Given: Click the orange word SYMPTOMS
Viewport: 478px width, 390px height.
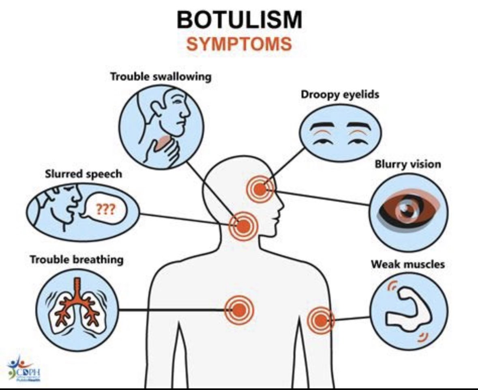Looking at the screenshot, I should point(239,44).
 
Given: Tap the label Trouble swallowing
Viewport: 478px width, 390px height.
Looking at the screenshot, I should point(161,77).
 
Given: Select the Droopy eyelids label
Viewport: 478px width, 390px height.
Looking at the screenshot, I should point(340,95).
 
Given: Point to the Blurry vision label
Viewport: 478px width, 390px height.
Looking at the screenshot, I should point(407,164).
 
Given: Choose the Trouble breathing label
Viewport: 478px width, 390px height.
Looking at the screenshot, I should point(76,259).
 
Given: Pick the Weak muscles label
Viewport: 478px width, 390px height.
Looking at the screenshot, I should point(407,265).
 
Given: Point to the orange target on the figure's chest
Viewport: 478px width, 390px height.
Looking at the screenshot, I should point(239,310).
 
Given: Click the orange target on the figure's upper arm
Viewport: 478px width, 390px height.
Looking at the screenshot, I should point(320,321).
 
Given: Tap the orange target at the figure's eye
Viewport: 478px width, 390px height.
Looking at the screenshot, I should point(259,188).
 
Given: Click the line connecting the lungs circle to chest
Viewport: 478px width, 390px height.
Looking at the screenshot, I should point(170,310).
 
